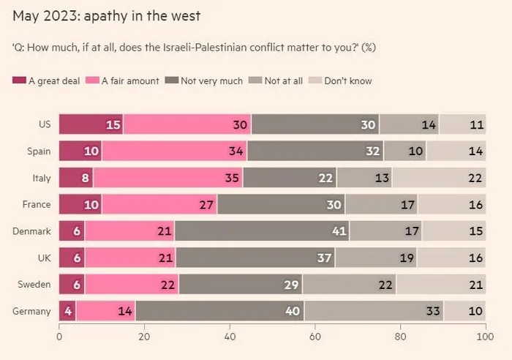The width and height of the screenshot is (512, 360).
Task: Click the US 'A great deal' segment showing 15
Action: pos(91,124)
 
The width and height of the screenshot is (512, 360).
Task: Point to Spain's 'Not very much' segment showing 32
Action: pos(315,151)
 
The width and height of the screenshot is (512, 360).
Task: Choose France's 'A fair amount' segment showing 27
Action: pos(159,204)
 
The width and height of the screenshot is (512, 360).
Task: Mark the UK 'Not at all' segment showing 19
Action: pos(376,258)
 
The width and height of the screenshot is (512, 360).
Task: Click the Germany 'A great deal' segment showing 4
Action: pos(67,311)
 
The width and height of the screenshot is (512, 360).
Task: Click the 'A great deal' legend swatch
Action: pos(19,80)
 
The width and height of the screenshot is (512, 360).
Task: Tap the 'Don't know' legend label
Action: pos(348,80)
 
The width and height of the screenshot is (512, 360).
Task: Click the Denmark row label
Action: pos(31,231)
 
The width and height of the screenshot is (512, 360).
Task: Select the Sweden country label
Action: pos(34,285)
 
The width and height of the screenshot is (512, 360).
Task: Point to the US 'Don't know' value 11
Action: pos(477,125)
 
